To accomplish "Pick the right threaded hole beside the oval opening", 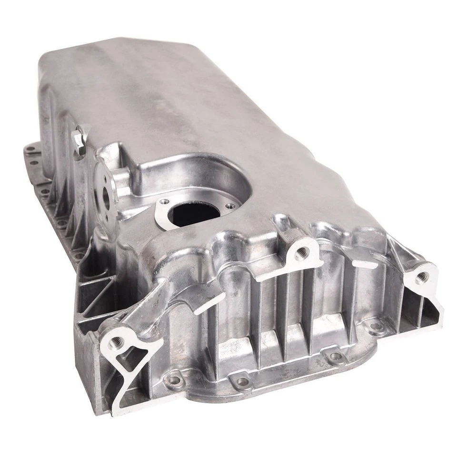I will pos(231,206).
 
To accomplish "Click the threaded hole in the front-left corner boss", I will pos(116,341).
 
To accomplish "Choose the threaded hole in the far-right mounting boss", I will pos(421,278).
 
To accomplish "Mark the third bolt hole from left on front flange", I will pos(335,356).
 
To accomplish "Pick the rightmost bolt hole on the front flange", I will pos(376,326).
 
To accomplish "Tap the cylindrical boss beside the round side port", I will pos(122,179).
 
